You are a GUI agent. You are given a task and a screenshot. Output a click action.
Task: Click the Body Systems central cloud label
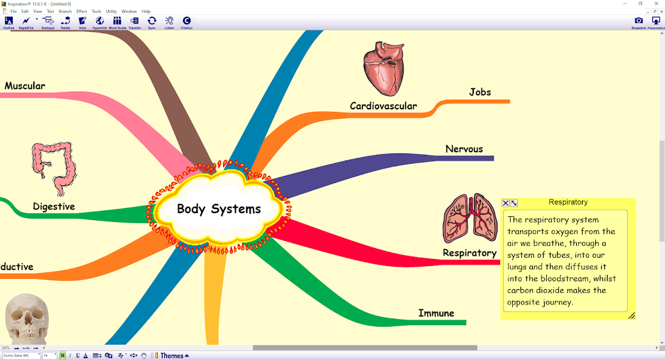click(x=219, y=209)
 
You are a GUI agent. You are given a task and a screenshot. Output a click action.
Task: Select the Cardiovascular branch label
click(x=383, y=106)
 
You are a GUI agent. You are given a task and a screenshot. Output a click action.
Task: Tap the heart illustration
click(x=384, y=68)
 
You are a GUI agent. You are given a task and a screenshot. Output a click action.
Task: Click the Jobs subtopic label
click(x=480, y=92)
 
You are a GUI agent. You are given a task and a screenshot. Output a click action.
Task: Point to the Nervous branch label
click(x=464, y=149)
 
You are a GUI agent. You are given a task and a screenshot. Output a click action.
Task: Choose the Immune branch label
click(x=436, y=313)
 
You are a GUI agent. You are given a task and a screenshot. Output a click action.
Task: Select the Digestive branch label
click(x=54, y=207)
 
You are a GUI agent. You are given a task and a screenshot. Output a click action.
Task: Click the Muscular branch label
click(x=25, y=86)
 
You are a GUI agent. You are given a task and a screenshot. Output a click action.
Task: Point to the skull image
click(x=27, y=318)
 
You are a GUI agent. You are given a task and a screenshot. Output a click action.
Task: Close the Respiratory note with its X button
click(x=506, y=203)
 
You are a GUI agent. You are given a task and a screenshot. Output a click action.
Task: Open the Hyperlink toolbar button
click(x=100, y=22)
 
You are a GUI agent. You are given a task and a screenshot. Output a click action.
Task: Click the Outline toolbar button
click(x=8, y=22)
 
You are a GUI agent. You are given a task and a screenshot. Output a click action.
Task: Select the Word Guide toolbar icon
click(x=117, y=22)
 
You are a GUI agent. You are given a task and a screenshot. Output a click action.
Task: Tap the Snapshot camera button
click(x=638, y=22)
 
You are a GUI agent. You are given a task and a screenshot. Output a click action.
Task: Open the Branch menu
click(x=65, y=12)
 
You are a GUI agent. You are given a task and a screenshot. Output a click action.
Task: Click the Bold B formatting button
click(x=63, y=356)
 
